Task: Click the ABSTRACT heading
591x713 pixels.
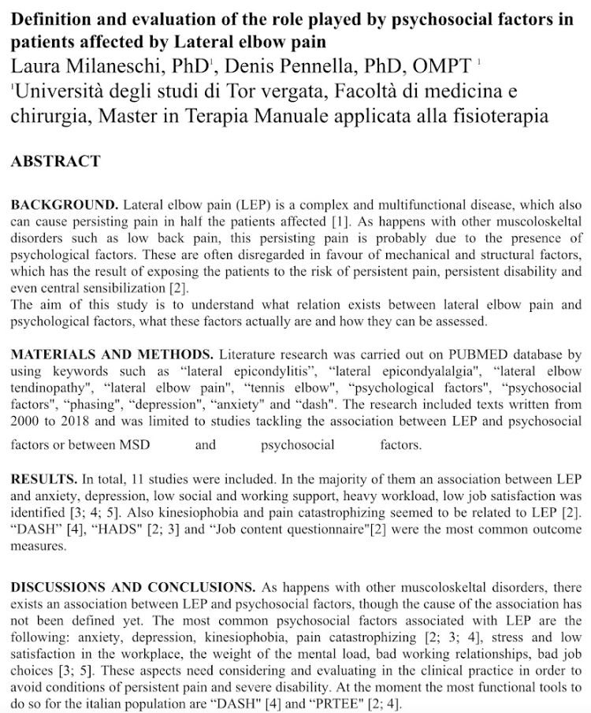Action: (55, 162)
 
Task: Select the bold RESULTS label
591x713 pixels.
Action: (44, 479)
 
